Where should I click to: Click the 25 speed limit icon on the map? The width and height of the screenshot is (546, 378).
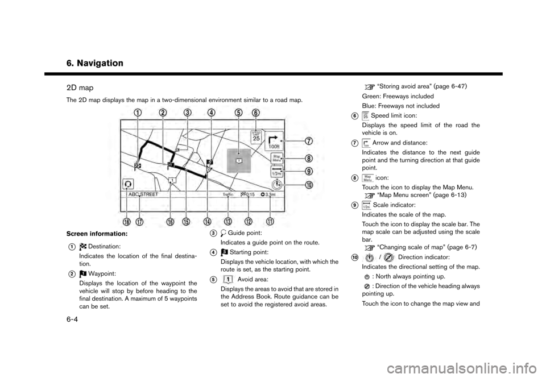click(x=256, y=136)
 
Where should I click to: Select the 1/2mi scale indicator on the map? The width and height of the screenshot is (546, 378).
click(x=276, y=174)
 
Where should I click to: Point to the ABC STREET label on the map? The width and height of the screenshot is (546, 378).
click(x=143, y=194)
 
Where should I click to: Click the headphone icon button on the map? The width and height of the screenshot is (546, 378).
click(x=128, y=184)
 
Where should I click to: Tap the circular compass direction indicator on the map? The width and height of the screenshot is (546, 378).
click(x=276, y=184)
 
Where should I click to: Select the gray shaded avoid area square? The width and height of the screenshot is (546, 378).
click(x=239, y=161)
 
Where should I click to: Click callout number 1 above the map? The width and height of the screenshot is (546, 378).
click(x=138, y=113)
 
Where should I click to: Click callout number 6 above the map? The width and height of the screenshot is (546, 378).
click(x=256, y=113)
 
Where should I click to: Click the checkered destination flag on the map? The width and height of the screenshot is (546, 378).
click(x=138, y=165)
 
